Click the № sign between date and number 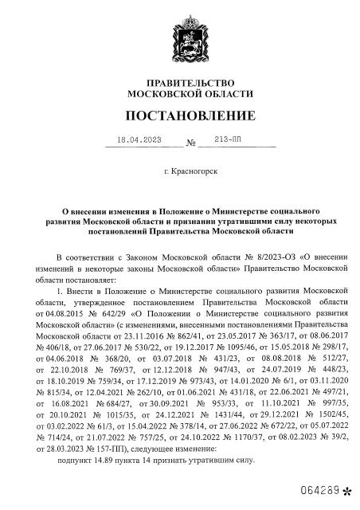(191, 143)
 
